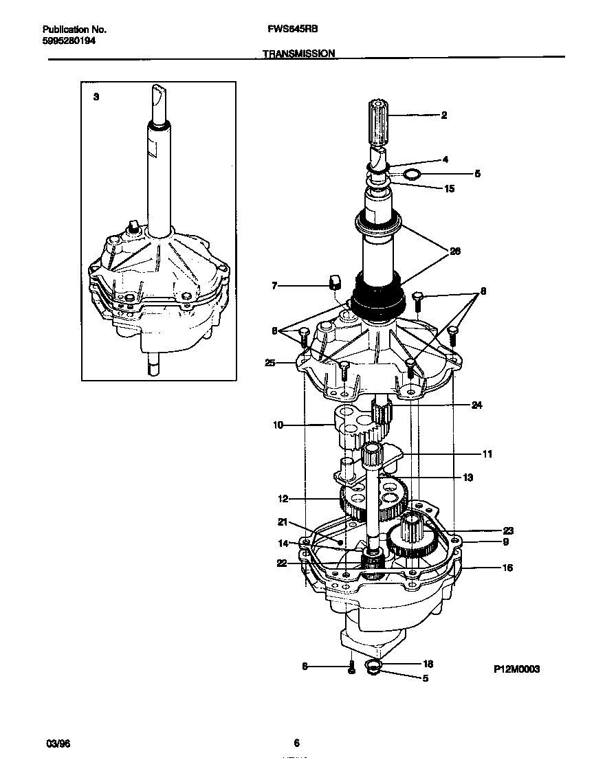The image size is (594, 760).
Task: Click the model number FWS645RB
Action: (x=291, y=30)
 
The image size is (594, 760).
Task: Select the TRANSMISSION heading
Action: (x=299, y=53)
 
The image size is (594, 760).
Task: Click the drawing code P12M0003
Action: (x=516, y=668)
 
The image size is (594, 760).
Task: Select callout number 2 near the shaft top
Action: (x=443, y=115)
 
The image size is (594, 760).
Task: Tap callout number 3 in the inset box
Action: (x=96, y=98)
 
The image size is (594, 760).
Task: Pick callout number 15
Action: (x=449, y=189)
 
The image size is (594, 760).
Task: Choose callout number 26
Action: (x=454, y=252)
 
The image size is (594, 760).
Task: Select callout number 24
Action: (x=476, y=405)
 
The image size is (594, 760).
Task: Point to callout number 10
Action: (x=278, y=425)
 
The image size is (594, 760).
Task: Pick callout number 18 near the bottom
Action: (x=428, y=664)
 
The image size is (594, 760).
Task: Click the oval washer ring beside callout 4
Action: (x=411, y=175)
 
